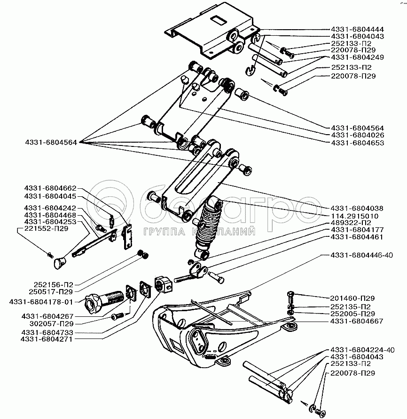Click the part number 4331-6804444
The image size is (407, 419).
pyautogui.click(x=357, y=29)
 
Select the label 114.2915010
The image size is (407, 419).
pyautogui.click(x=355, y=216)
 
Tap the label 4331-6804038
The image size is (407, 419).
pyautogui.click(x=357, y=208)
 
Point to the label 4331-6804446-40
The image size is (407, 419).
pyautogui.click(x=362, y=255)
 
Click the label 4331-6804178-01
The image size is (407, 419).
pyautogui.click(x=41, y=302)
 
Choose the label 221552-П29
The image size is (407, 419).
pyautogui.click(x=46, y=228)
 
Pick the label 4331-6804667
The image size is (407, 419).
pyautogui.click(x=357, y=321)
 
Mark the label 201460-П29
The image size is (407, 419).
pyautogui.click(x=352, y=298)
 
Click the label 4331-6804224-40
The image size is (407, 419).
pyautogui.click(x=362, y=350)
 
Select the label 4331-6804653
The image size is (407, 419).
pyautogui.click(x=358, y=143)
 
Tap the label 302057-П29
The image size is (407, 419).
pyautogui.click(x=52, y=324)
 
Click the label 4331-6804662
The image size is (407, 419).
pyautogui.click(x=50, y=188)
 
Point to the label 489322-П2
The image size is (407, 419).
pyautogui.click(x=351, y=223)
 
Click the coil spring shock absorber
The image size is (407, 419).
pyautogui.click(x=208, y=227)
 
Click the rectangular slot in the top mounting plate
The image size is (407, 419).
pyautogui.click(x=219, y=20)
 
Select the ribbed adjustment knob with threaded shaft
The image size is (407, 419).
pyautogui.click(x=104, y=301)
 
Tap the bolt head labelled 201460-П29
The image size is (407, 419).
pyautogui.click(x=290, y=294)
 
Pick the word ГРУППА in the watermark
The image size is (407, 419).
pyautogui.click(x=164, y=232)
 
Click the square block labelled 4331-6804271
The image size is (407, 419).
pyautogui.click(x=164, y=284)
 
